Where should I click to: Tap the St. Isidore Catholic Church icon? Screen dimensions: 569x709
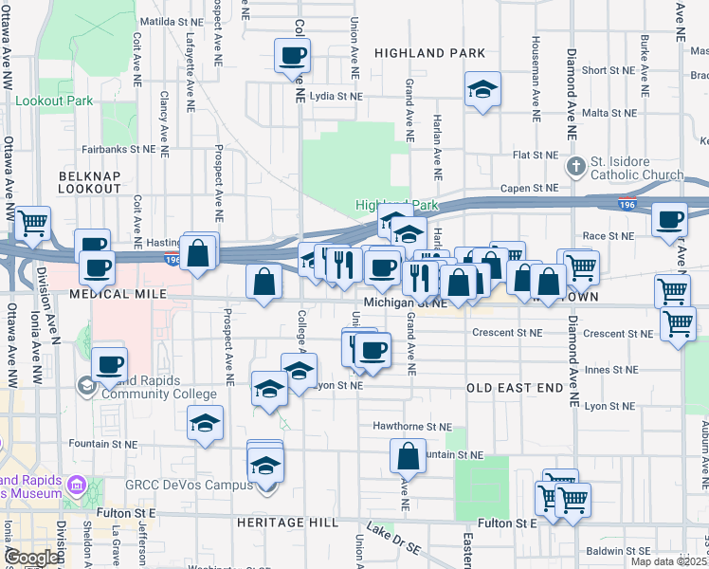[x=576, y=168]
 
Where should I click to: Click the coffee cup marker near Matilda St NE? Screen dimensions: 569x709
[x=292, y=54]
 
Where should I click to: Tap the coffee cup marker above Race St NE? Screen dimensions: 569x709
[x=670, y=219]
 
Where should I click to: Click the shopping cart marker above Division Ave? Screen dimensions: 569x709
[x=33, y=223]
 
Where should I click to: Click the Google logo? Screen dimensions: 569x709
[x=32, y=558]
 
